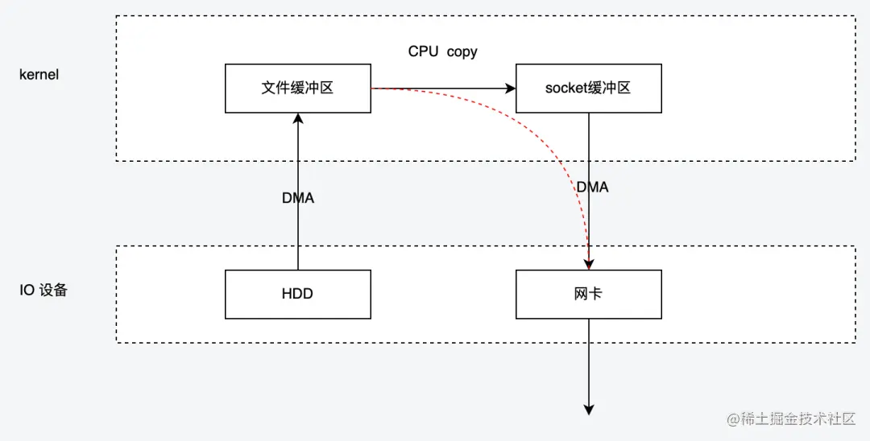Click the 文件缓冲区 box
tap(297, 89)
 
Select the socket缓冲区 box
tap(588, 89)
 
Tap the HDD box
tap(297, 294)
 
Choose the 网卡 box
tap(588, 294)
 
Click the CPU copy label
tap(442, 52)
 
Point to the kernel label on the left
tap(39, 75)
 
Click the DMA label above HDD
tap(297, 198)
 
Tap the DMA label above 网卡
tap(592, 187)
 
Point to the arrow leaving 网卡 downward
tap(589, 362)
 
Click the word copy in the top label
tap(462, 52)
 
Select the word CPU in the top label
tap(424, 52)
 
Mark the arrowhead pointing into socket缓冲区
tap(510, 89)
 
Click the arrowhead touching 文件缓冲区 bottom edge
tap(298, 118)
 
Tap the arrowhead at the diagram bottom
tap(589, 409)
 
